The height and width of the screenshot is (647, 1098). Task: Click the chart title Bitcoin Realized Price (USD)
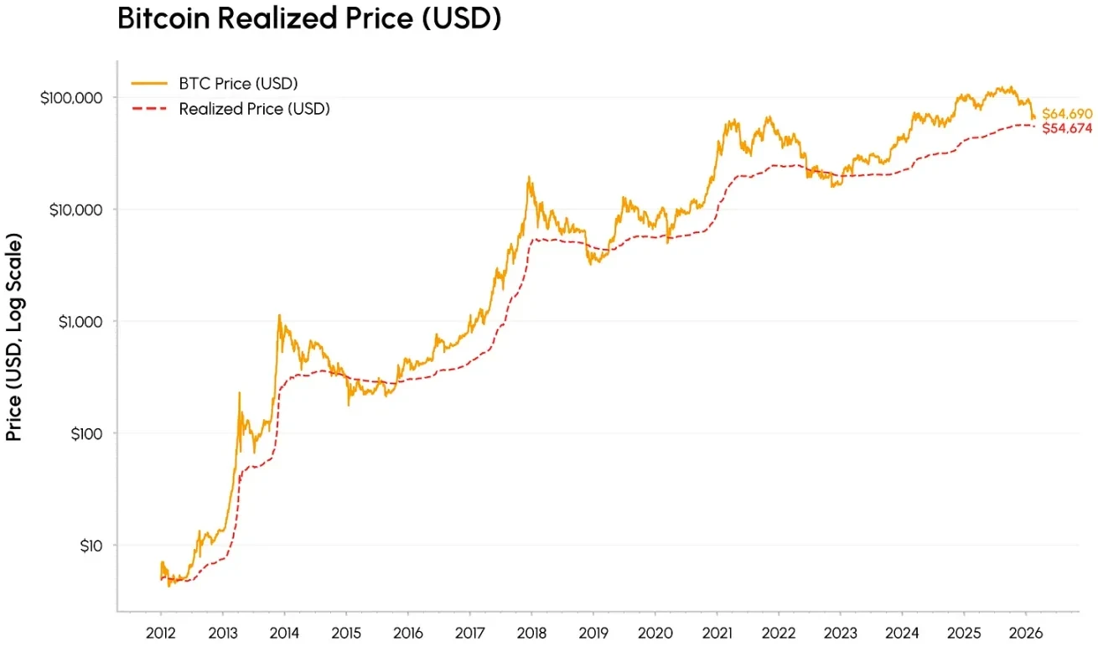click(x=309, y=18)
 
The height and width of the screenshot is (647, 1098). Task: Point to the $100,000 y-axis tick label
click(x=71, y=97)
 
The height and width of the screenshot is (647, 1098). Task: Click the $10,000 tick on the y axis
click(x=75, y=209)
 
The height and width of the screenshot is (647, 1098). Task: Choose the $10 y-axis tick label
click(x=87, y=546)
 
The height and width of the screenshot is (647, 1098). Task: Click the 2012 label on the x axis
click(x=161, y=632)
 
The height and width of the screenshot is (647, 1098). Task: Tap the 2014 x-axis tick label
click(x=284, y=632)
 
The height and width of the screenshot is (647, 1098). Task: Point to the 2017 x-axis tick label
click(x=469, y=632)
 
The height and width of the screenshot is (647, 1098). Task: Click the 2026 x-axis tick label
click(x=1026, y=632)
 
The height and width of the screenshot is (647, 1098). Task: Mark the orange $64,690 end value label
click(x=1067, y=113)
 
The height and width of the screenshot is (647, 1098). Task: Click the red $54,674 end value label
click(x=1067, y=127)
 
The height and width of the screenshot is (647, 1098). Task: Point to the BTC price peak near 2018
click(x=529, y=178)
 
